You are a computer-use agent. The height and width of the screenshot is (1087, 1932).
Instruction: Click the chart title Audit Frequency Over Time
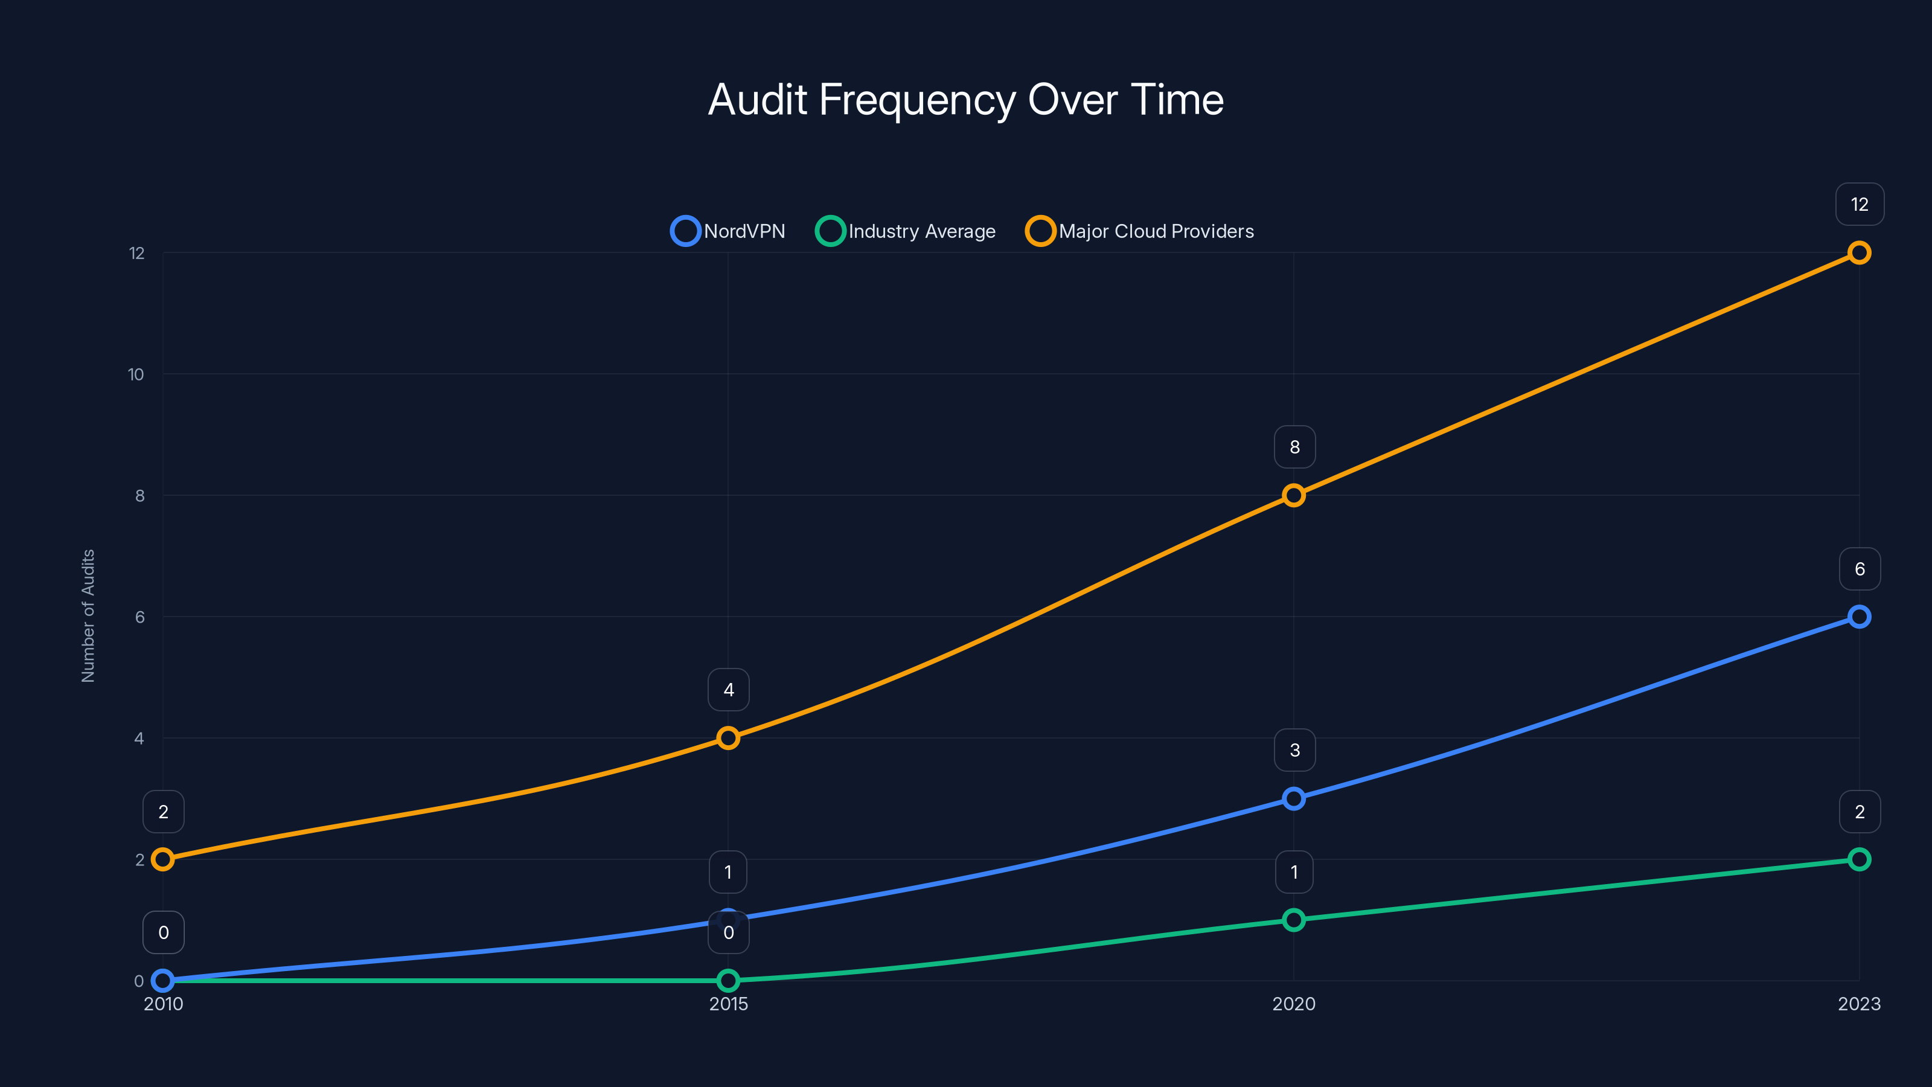pyautogui.click(x=965, y=100)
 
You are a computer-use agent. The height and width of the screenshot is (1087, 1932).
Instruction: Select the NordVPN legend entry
pyautogui.click(x=728, y=231)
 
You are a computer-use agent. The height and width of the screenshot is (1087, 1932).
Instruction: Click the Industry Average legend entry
pyautogui.click(x=905, y=231)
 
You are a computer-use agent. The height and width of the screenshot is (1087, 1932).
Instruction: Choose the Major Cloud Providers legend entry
pyautogui.click(x=1139, y=231)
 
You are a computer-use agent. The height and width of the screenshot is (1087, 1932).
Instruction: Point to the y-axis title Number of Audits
pyautogui.click(x=88, y=616)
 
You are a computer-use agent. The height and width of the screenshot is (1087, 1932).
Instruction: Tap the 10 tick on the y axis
pyautogui.click(x=136, y=374)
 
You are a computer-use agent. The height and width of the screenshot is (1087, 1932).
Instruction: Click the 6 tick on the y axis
pyautogui.click(x=139, y=617)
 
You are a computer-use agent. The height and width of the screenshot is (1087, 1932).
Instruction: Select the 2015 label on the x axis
pyautogui.click(x=728, y=1004)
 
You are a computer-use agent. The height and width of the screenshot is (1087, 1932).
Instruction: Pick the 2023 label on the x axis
pyautogui.click(x=1858, y=1004)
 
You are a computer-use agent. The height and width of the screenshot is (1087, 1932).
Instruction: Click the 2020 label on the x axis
pyautogui.click(x=1293, y=1004)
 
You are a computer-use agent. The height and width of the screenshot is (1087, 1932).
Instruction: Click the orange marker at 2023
pyautogui.click(x=1858, y=253)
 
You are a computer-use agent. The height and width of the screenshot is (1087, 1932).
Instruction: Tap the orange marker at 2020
pyautogui.click(x=1293, y=495)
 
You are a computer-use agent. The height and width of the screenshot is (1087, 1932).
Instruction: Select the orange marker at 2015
pyautogui.click(x=728, y=738)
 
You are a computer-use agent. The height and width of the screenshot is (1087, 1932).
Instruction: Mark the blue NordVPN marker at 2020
pyautogui.click(x=1293, y=798)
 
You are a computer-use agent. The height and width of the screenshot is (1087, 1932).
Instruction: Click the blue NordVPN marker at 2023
pyautogui.click(x=1858, y=617)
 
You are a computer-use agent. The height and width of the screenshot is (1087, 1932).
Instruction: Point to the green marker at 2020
pyautogui.click(x=1293, y=920)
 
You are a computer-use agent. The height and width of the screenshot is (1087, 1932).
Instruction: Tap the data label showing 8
pyautogui.click(x=1294, y=447)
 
